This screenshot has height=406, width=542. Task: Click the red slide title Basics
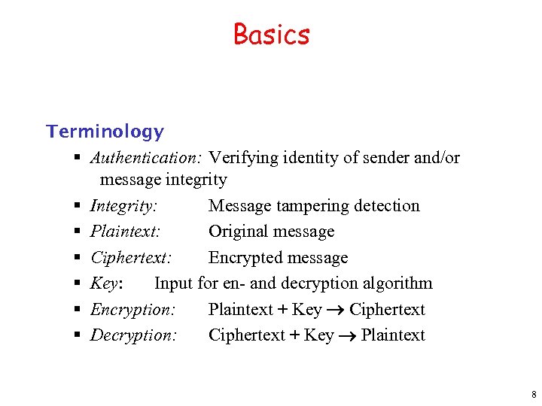271,35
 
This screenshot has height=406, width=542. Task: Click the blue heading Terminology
105,132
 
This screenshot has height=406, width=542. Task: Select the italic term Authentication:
146,158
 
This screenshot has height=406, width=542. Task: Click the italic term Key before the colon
103,283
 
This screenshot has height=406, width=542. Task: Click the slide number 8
533,395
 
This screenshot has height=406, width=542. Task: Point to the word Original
238,232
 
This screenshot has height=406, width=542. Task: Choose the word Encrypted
242,258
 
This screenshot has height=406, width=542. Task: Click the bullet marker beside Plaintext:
78,232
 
